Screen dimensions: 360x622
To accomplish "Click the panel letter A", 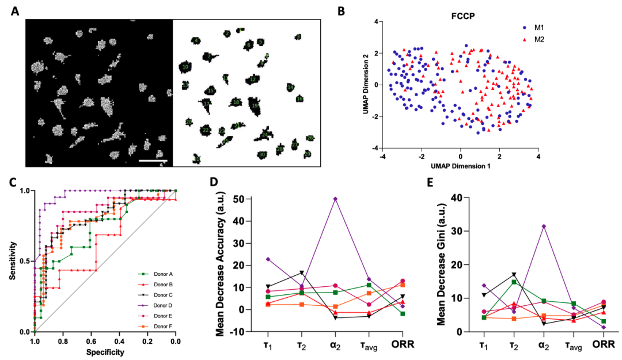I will click(16, 10).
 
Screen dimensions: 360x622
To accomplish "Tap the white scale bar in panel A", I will click(153, 161).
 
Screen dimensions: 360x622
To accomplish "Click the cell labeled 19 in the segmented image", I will click(255, 106).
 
